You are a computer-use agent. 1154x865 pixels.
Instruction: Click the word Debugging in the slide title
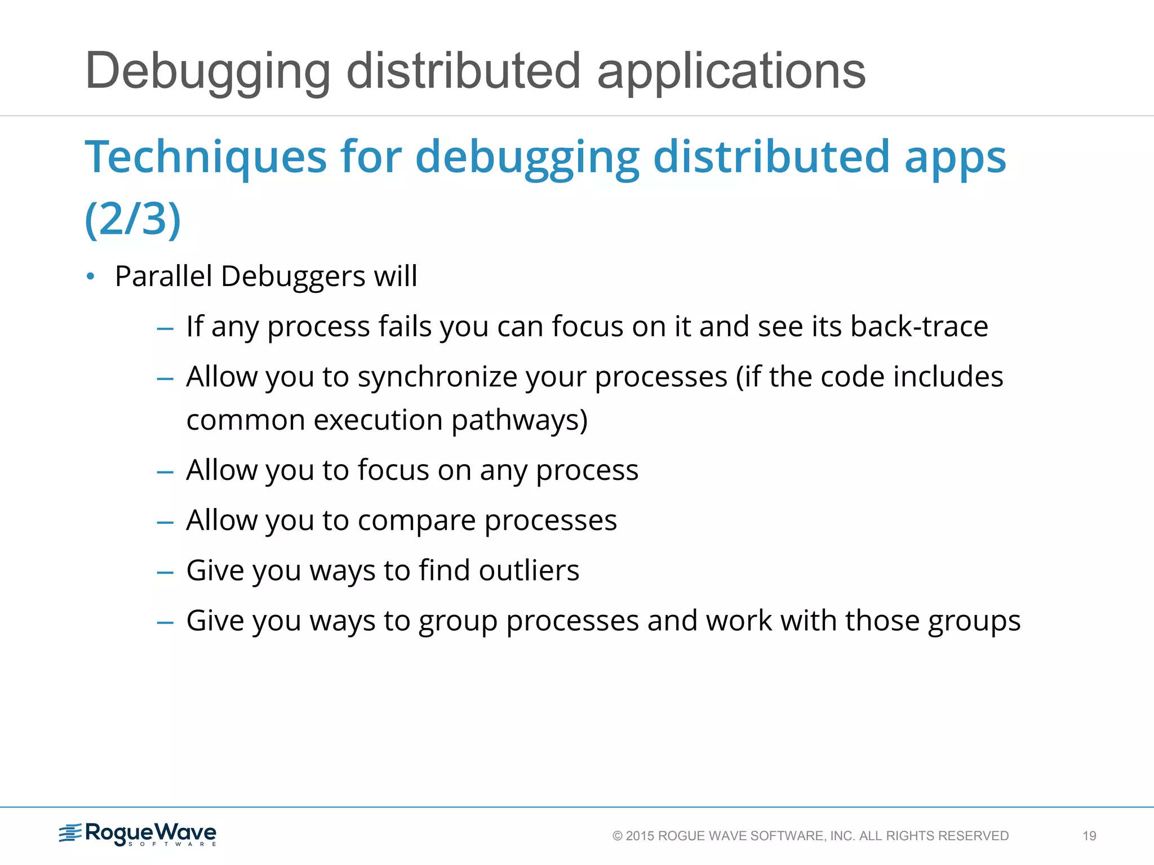207,72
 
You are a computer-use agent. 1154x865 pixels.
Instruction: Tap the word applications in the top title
731,72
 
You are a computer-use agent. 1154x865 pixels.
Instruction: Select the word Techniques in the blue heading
205,157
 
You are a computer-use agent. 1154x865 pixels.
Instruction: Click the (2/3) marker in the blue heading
132,219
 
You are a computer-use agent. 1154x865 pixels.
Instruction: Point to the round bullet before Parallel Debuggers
91,277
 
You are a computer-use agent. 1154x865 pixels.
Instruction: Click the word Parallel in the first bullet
163,277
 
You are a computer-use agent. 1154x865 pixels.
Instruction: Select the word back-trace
919,327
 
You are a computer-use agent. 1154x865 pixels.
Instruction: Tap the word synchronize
437,377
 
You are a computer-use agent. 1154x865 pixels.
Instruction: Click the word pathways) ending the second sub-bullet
519,420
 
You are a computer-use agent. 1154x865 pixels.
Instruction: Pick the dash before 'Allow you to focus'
165,472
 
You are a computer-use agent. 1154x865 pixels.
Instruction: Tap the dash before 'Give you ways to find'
165,573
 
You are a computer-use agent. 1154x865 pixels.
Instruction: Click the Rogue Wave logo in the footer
138,833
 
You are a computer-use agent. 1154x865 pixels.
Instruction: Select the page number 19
1089,836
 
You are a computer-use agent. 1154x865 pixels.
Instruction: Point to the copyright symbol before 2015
618,836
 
